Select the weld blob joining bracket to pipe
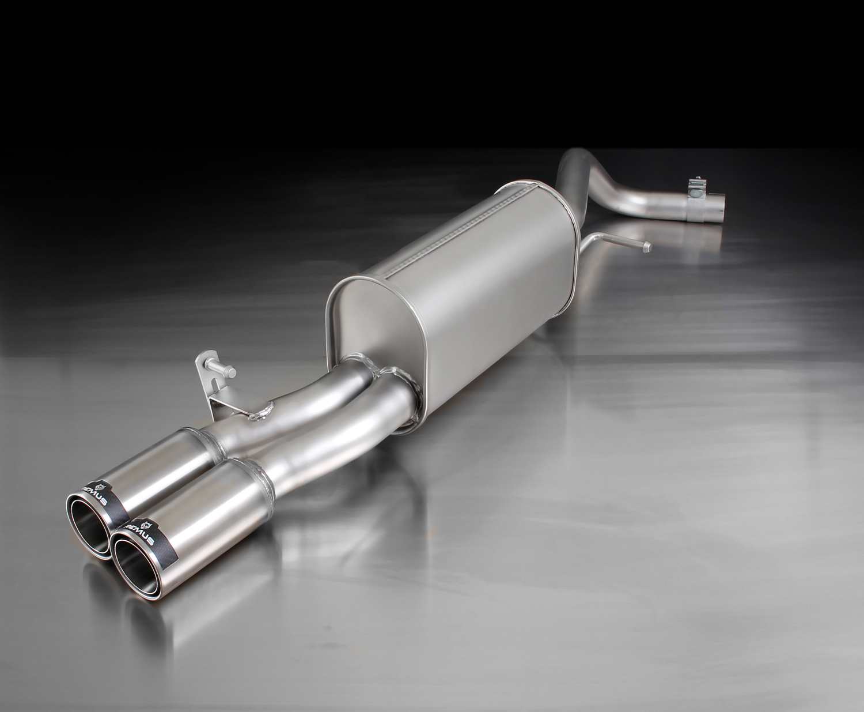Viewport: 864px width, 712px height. tap(265, 412)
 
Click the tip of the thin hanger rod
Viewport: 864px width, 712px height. tap(647, 246)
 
